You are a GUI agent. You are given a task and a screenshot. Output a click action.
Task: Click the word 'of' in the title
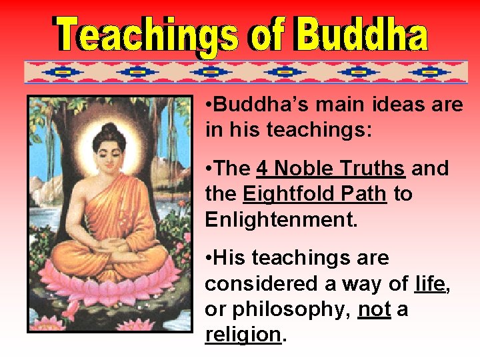click(x=267, y=35)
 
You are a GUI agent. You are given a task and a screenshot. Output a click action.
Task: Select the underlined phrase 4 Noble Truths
click(x=331, y=169)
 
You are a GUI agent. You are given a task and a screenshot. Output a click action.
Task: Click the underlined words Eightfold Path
click(x=315, y=194)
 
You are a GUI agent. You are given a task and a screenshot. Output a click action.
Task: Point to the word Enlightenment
click(x=281, y=219)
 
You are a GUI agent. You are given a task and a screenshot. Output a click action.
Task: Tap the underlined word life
click(x=429, y=283)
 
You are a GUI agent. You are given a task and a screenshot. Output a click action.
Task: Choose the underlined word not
click(x=374, y=309)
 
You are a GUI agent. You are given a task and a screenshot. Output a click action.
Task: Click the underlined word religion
click(x=243, y=335)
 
